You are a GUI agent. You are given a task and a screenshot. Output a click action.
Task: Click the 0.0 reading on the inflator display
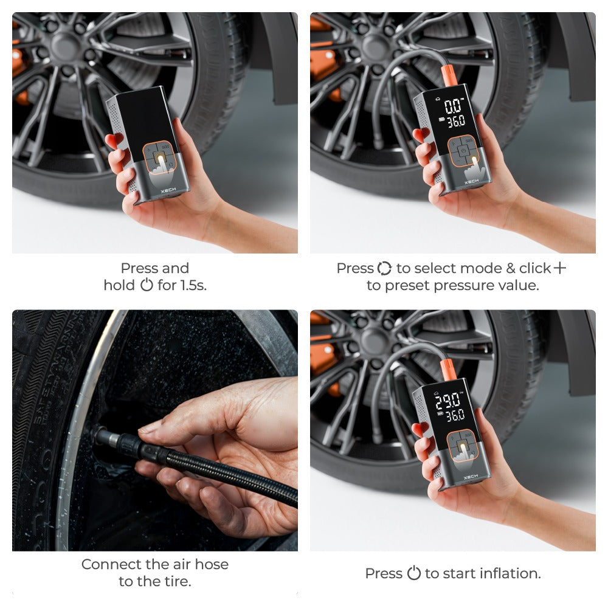tap(454, 105)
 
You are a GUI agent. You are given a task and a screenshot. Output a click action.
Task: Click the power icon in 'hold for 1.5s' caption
tap(147, 285)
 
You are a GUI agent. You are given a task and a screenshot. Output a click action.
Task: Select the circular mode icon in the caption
tap(384, 268)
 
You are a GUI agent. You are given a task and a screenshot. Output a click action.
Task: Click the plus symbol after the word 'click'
tap(559, 268)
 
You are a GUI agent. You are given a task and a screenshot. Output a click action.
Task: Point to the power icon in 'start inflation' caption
tap(413, 573)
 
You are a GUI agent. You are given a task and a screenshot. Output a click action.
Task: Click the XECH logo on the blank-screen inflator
tap(168, 190)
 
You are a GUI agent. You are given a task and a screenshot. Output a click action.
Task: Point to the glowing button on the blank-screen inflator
tap(161, 157)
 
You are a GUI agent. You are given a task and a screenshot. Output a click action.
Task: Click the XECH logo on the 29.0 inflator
tap(471, 477)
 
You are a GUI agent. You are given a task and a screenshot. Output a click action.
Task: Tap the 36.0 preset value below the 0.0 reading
tap(456, 122)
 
